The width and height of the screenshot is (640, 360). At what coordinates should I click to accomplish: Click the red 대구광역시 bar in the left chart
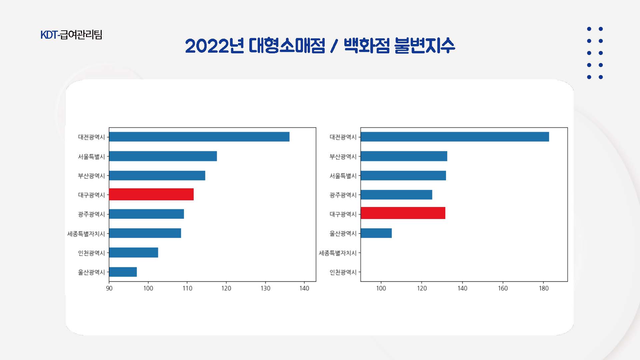point(151,194)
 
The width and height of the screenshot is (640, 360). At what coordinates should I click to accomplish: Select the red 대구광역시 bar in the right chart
point(403,213)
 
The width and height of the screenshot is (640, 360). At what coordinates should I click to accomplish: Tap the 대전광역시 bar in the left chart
point(199,137)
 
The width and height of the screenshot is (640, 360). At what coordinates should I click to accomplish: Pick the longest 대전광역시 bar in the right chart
point(455,137)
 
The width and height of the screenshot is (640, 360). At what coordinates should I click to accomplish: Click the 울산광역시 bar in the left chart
point(123,272)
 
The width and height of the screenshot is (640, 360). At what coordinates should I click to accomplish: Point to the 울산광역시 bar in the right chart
point(376,233)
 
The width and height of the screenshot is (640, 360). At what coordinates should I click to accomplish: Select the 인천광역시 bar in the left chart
point(134,252)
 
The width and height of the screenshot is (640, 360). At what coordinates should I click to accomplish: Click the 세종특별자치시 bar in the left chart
point(145,233)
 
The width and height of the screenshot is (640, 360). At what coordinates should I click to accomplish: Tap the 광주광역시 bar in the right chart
point(396,195)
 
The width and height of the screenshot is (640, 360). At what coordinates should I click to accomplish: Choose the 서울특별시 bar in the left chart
point(163,156)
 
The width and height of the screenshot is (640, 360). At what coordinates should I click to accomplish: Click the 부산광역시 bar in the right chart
point(404,156)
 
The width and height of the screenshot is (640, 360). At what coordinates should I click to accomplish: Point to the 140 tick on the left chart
point(304,288)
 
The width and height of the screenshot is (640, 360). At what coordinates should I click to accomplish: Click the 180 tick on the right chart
point(544,288)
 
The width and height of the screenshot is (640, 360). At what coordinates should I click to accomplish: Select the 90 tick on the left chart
point(109,288)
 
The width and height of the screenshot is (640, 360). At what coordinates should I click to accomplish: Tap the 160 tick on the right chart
point(503,288)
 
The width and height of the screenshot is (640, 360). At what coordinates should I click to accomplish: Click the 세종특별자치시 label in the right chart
point(338,253)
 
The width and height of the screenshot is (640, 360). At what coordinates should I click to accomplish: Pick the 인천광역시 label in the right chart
point(343,272)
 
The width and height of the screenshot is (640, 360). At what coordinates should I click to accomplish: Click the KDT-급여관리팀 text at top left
point(71,35)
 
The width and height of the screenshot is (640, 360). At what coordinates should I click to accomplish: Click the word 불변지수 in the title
point(424,46)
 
